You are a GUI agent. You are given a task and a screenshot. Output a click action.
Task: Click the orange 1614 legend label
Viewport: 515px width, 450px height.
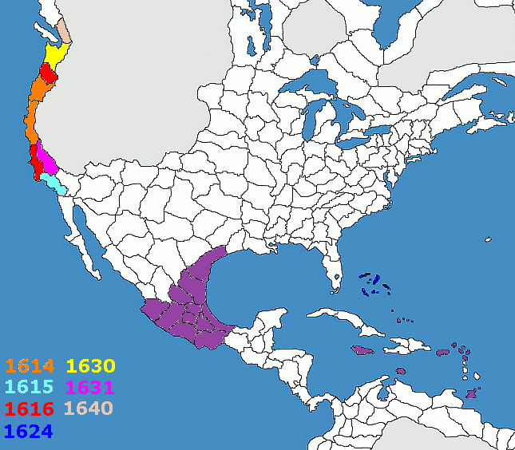tap(29, 367)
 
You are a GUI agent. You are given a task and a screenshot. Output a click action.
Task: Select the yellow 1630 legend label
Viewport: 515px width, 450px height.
tap(90, 367)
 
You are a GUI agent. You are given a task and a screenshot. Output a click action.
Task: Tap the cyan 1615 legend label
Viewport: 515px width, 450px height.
tap(29, 388)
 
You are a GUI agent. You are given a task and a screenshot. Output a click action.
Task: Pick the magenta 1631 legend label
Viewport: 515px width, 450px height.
tap(90, 388)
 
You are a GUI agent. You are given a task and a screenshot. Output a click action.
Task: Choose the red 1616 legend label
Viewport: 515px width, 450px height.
tap(29, 409)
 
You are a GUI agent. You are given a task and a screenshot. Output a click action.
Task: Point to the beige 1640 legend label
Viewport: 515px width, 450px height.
tap(90, 409)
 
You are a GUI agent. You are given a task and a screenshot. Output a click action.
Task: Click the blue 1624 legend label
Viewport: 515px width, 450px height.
tap(29, 431)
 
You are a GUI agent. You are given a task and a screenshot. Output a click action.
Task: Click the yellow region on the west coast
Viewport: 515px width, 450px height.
tap(56, 55)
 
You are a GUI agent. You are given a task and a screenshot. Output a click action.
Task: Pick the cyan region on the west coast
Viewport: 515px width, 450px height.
tap(55, 184)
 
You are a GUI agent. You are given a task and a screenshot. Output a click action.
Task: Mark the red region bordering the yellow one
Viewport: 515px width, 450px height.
tap(49, 75)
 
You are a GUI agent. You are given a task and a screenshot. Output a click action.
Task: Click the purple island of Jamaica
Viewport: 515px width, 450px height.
tap(362, 351)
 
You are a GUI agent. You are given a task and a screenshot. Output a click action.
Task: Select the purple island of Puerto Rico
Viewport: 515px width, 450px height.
tap(438, 349)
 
